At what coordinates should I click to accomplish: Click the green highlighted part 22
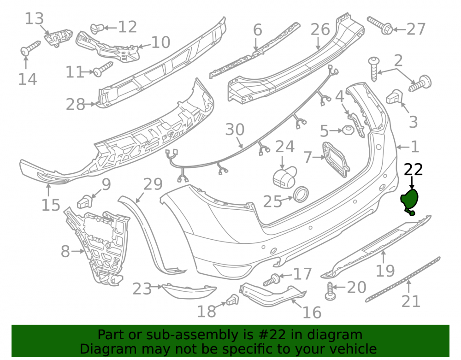click(x=409, y=201)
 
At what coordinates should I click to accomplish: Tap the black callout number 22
click(x=414, y=170)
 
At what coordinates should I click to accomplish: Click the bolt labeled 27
click(x=380, y=25)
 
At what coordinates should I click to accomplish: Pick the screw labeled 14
click(x=30, y=48)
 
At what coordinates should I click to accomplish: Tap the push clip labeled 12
click(x=96, y=29)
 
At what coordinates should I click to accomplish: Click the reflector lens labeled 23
click(x=189, y=291)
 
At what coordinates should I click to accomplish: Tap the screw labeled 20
click(x=331, y=291)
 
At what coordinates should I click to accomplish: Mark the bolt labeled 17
click(x=272, y=279)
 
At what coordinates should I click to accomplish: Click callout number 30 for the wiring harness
click(x=235, y=130)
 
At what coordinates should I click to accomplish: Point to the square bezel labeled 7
click(x=336, y=159)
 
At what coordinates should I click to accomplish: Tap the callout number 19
click(x=385, y=271)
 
